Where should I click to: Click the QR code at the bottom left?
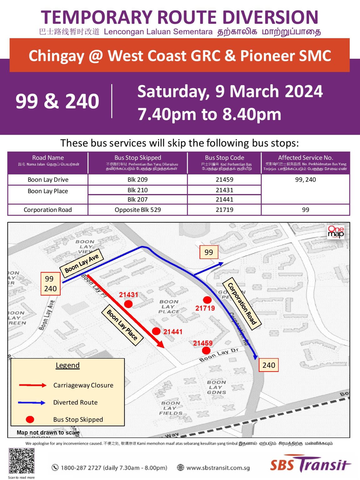pos(22,461)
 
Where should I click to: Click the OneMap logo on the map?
pos(336,232)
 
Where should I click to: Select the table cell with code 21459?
pos(224,180)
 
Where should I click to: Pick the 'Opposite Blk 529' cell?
pos(137,210)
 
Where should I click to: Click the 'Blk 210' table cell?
pos(137,190)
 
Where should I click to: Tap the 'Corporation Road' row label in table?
pos(48,210)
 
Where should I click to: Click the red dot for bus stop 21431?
pos(128,304)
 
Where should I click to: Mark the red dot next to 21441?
pos(156,331)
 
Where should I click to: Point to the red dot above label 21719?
pos(207,300)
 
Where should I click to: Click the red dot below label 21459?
pos(206,351)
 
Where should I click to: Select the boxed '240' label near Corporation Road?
pos(269,365)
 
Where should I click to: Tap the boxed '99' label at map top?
pos(208,252)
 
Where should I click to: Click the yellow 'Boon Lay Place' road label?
pos(122,325)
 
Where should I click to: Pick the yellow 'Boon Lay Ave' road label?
pos(82,263)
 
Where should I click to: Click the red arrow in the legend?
pos(32,385)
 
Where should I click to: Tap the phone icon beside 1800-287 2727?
pos(55,467)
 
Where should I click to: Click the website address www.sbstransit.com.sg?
pos(218,468)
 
